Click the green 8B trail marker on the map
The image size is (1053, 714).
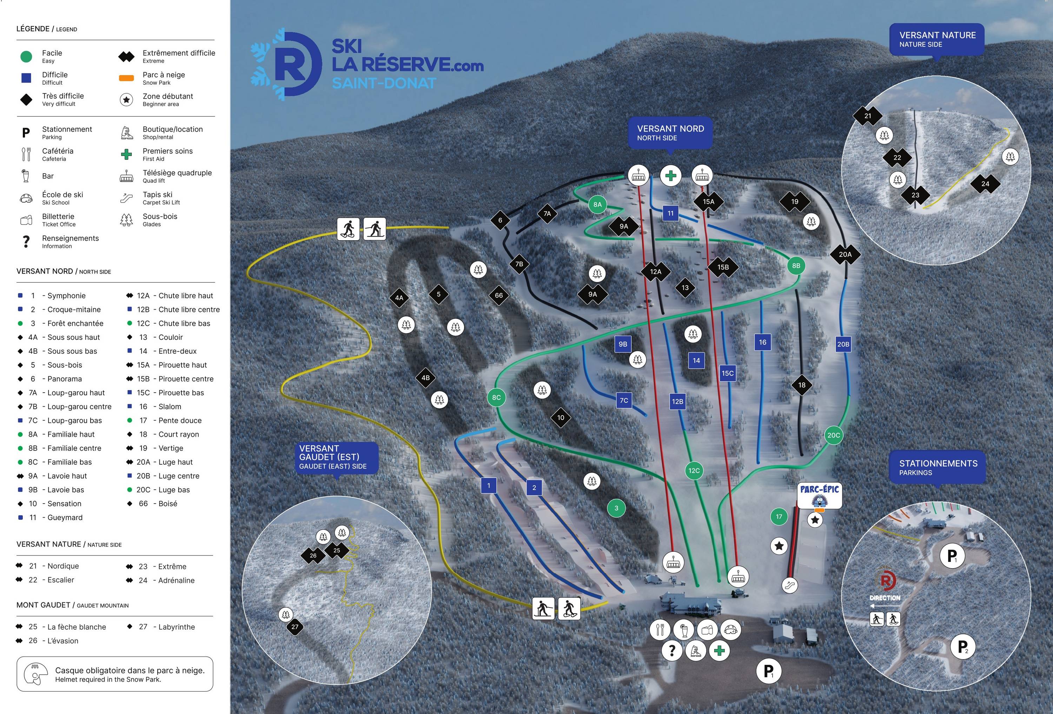pos(796,266)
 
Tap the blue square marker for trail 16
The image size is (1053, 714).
pos(763,342)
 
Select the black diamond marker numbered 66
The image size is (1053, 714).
pos(499,295)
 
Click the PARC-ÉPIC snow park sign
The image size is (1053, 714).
pos(819,495)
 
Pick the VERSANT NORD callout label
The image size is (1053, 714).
pos(670,133)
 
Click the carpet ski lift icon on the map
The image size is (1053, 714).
pos(790,585)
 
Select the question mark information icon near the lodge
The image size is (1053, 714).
pos(672,651)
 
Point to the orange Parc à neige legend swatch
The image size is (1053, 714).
pos(126,78)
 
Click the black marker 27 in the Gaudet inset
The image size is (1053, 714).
pos(295,627)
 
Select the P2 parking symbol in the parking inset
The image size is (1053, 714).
pos(963,647)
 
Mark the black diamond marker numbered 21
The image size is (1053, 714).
pos(868,116)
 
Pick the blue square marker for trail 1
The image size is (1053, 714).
pos(489,485)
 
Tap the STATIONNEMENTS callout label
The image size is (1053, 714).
pos(938,467)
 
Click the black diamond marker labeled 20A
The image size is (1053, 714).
pos(845,254)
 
